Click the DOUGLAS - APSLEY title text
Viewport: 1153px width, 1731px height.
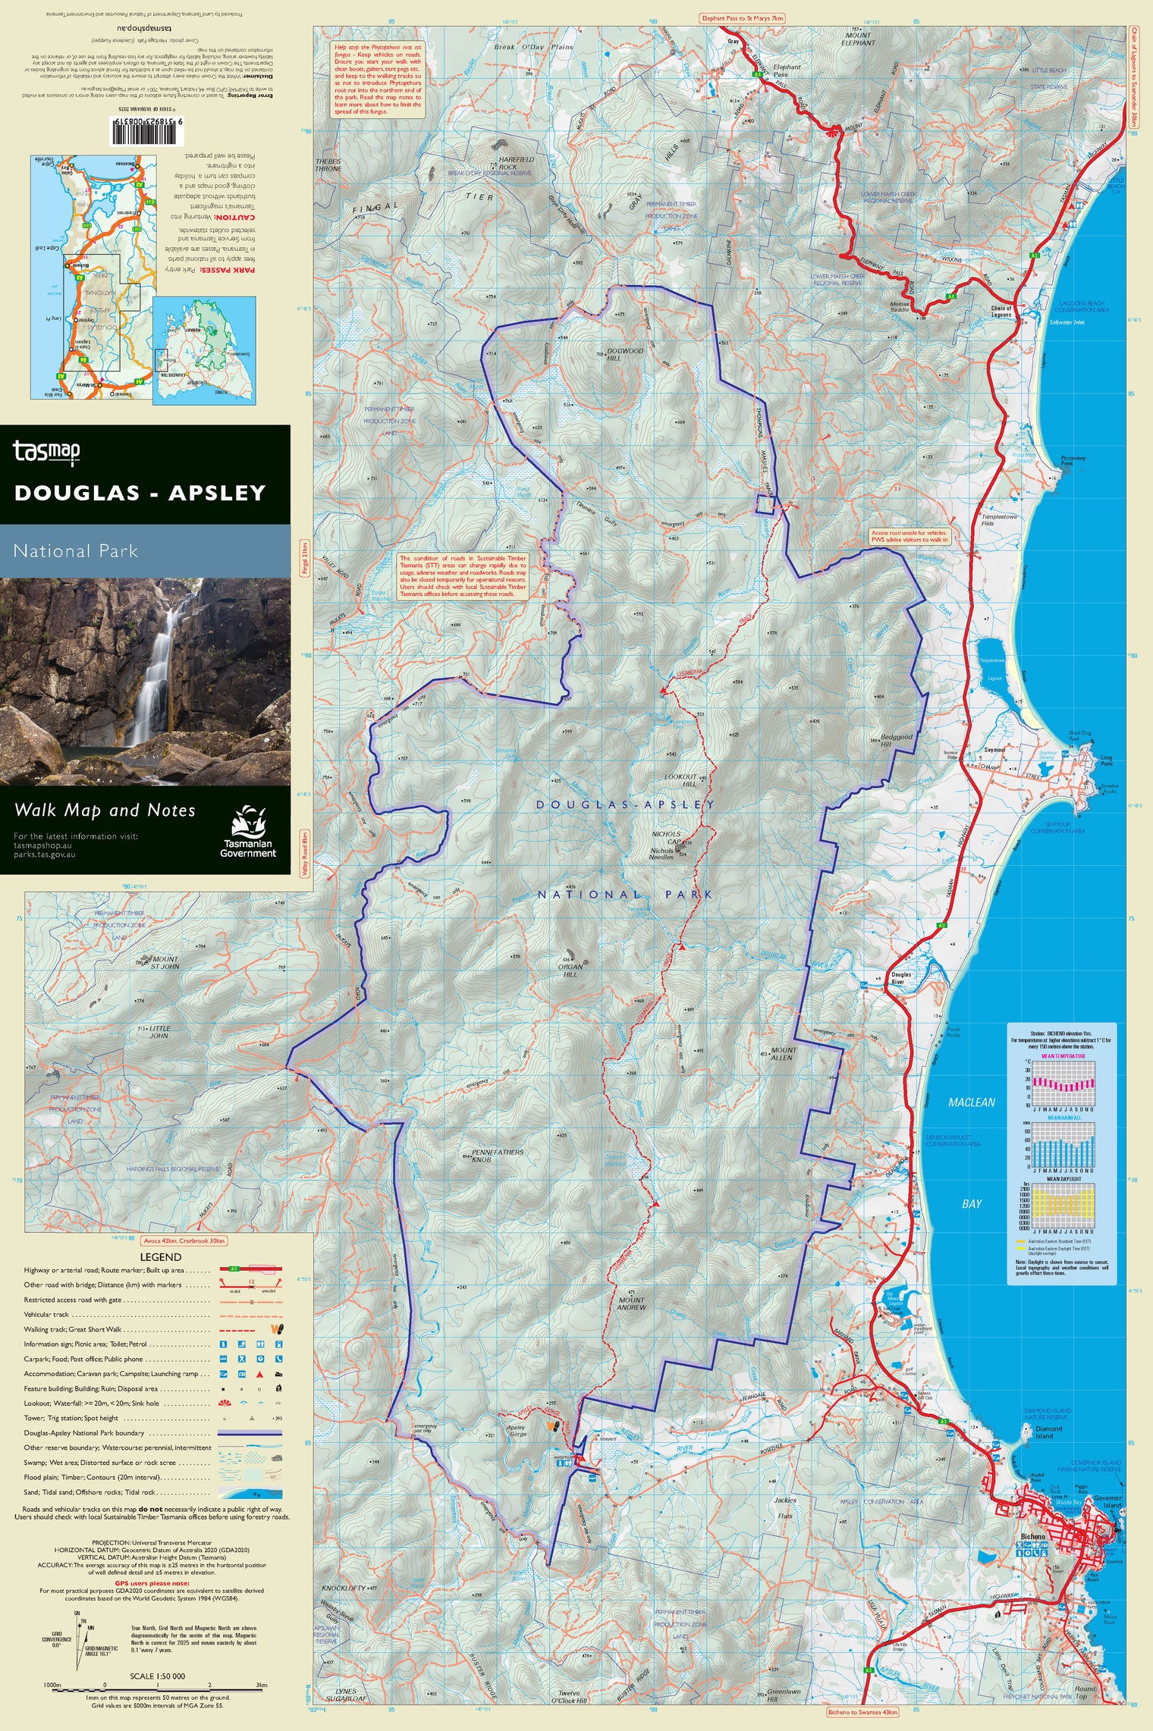click(x=140, y=493)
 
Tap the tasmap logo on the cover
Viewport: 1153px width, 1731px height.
click(x=46, y=452)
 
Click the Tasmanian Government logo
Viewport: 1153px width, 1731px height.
click(x=248, y=833)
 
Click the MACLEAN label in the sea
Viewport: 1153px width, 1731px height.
click(x=971, y=1102)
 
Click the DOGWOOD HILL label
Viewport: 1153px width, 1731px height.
click(x=624, y=354)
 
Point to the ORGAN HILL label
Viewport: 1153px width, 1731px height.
click(x=570, y=971)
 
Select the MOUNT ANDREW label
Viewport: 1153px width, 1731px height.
click(x=631, y=1303)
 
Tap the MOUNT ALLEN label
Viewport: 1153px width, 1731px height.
click(x=783, y=1054)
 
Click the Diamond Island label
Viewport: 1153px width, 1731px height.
click(x=1048, y=1432)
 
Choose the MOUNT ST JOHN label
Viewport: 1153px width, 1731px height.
click(x=165, y=963)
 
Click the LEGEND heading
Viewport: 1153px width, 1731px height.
click(x=161, y=1257)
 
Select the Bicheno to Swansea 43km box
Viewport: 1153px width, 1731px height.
click(x=862, y=1712)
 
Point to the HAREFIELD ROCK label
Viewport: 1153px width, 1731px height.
click(x=517, y=163)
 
